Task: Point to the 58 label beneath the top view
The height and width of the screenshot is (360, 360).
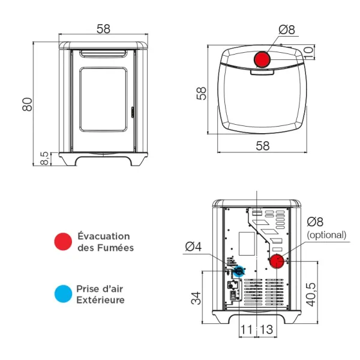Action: (x=262, y=146)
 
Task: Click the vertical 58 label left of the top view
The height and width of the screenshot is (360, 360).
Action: (x=202, y=92)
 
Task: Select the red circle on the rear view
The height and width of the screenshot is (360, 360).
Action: (x=277, y=262)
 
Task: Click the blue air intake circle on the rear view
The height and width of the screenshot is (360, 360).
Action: (x=239, y=271)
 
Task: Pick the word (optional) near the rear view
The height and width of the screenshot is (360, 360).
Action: (x=326, y=235)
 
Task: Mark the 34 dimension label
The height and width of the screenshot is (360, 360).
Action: (x=196, y=298)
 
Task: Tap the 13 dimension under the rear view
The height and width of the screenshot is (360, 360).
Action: (x=267, y=330)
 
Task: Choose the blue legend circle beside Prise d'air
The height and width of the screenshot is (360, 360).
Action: (x=63, y=294)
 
